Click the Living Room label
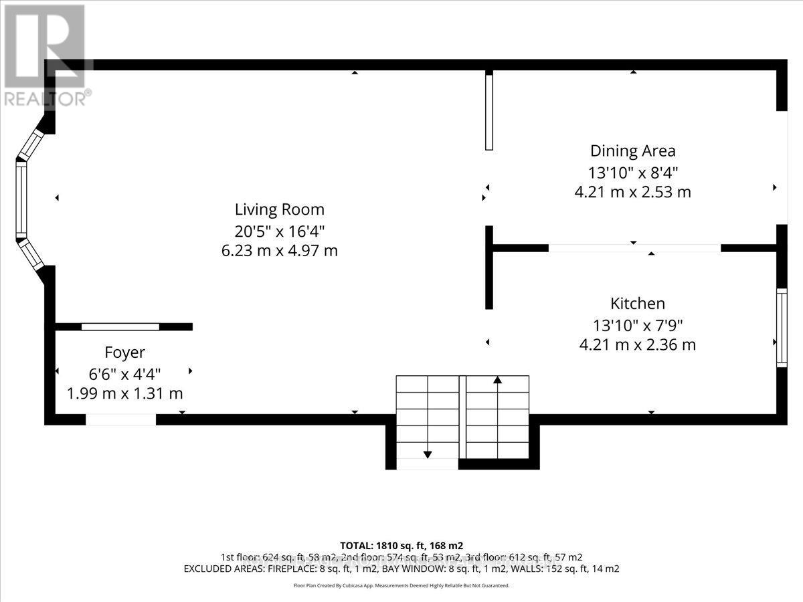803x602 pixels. [279, 209]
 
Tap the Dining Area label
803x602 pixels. [632, 151]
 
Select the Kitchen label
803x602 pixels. [637, 304]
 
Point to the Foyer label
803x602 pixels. [124, 353]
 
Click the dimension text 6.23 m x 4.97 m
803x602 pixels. [279, 251]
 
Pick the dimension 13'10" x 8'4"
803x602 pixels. [632, 172]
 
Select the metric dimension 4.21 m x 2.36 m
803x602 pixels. [637, 345]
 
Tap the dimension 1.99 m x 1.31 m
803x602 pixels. [124, 393]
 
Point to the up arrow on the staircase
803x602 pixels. [497, 380]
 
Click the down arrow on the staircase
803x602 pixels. [428, 455]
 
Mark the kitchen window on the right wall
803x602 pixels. [781, 327]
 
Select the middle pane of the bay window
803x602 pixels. [21, 200]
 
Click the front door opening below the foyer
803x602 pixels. [121, 419]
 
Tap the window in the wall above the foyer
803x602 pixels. [120, 326]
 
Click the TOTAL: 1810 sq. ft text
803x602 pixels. [401, 545]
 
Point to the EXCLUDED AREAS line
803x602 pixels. [401, 569]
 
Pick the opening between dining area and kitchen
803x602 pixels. [634, 248]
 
